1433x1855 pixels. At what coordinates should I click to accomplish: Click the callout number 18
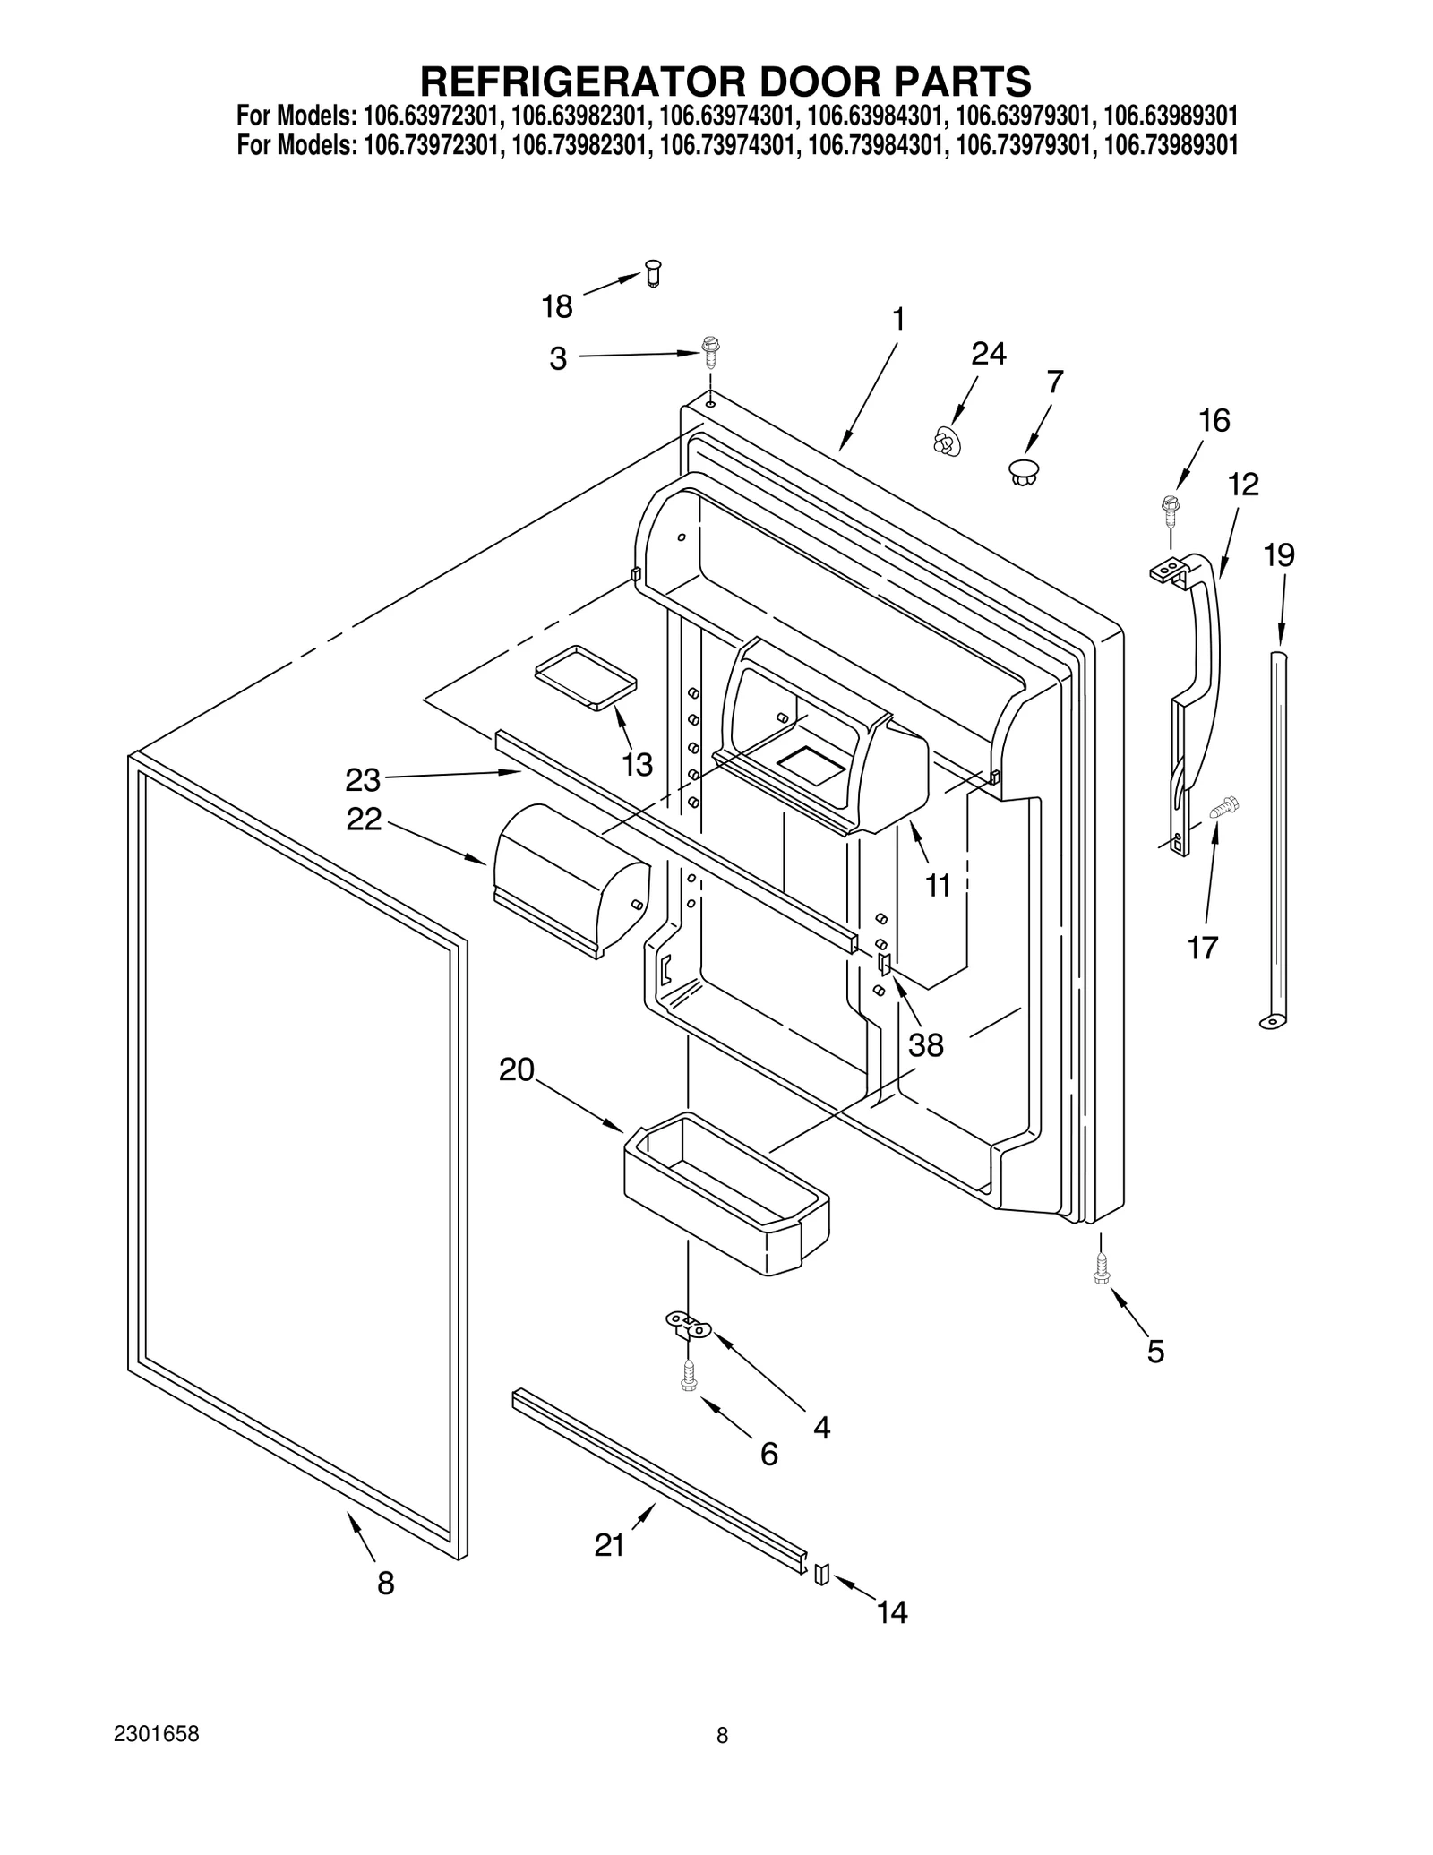557,307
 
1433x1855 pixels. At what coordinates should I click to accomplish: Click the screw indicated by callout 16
1169,507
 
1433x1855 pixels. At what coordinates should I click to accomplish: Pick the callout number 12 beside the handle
1243,485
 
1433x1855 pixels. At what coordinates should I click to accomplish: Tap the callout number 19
1279,556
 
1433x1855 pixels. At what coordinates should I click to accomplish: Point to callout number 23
363,780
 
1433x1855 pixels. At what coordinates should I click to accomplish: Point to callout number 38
926,1044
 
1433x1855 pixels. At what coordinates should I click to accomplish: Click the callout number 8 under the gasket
385,1584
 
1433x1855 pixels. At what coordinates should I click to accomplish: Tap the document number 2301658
157,1759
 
